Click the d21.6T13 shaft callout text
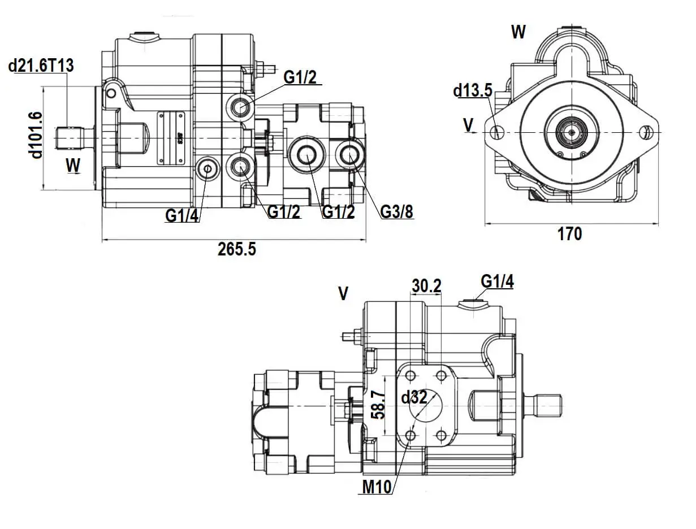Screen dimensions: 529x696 [41, 66]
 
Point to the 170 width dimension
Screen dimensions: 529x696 [569, 233]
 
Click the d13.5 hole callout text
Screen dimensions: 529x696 [473, 90]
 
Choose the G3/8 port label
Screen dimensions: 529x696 [396, 212]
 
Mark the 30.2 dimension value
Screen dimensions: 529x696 [426, 286]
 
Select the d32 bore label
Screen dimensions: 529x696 [414, 398]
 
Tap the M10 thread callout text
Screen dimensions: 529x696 [377, 487]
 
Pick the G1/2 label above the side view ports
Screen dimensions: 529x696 [300, 77]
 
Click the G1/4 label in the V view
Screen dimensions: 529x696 [498, 281]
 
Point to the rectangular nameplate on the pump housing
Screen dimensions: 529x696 [172, 137]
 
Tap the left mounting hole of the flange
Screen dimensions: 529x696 [498, 133]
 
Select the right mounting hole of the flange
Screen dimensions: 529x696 [648, 133]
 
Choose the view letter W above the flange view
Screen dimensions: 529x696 [518, 32]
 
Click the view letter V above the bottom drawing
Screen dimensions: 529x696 [343, 293]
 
